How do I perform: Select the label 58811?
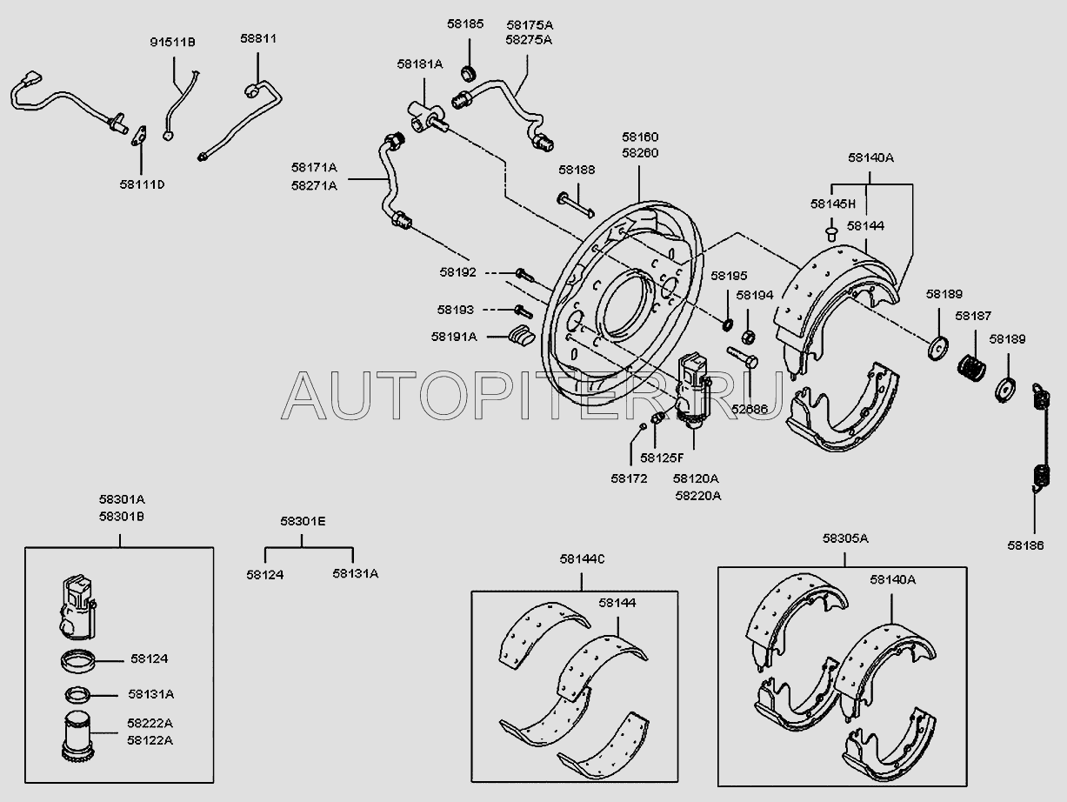coord(257,39)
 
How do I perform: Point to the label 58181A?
coord(420,63)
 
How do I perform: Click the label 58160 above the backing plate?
coord(640,137)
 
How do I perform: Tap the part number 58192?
coord(457,272)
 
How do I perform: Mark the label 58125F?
coord(662,457)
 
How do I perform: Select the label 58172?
coord(629,478)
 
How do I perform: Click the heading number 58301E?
coord(303,521)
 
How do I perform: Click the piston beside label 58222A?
coord(79,732)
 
